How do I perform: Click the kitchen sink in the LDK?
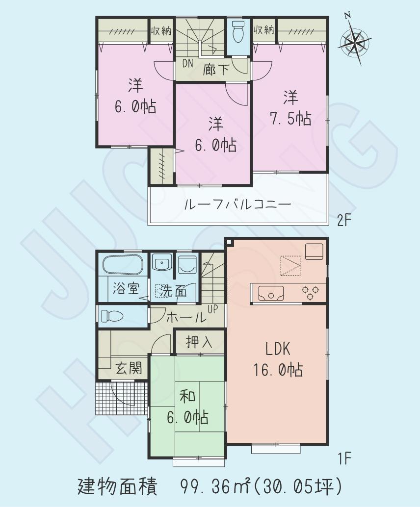point(268,295)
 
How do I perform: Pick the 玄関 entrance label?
point(129,367)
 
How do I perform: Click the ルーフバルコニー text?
point(237,204)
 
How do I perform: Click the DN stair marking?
point(188,64)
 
